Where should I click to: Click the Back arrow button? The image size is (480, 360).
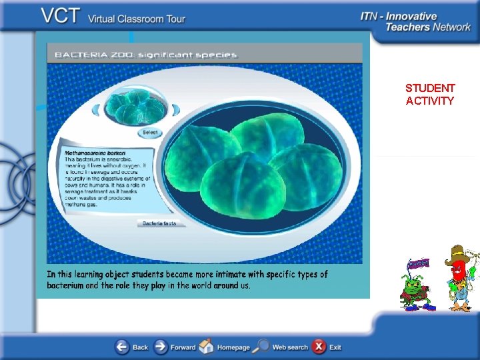[x=123, y=347]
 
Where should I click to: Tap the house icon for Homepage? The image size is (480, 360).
[x=207, y=347]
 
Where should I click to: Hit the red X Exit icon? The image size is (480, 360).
[x=319, y=347]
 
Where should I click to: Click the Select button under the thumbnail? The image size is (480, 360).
[x=150, y=132]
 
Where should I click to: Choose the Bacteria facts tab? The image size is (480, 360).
[x=160, y=223]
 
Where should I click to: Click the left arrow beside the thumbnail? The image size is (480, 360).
[x=103, y=108]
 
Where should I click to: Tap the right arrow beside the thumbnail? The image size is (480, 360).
[x=177, y=108]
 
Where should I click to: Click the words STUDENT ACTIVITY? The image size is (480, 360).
[x=430, y=94]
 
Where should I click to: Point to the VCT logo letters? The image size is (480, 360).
[x=61, y=16]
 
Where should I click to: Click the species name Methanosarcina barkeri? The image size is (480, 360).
[x=94, y=153]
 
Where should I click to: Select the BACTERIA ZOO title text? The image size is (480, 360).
[x=145, y=55]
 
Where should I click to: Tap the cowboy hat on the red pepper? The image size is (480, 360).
[x=457, y=253]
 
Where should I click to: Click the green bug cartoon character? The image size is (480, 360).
[x=415, y=290]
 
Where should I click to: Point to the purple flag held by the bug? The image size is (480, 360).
[x=419, y=264]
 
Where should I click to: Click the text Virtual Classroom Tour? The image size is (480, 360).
[x=137, y=18]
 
